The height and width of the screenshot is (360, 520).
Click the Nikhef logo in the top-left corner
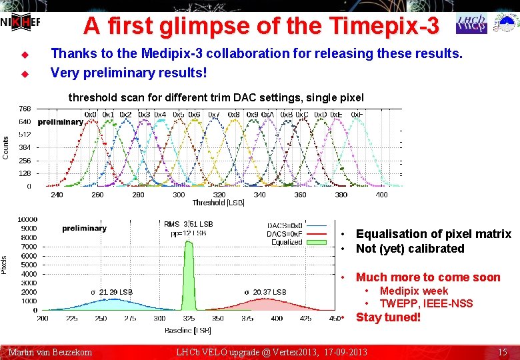tap(20, 21)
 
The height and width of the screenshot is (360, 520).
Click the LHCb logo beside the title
tap(471, 23)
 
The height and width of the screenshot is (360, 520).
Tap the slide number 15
tap(503, 351)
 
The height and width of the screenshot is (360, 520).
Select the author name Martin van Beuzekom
tap(50, 351)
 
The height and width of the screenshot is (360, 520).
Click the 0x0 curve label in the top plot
tap(91, 115)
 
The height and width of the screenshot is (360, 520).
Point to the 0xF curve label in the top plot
tap(357, 115)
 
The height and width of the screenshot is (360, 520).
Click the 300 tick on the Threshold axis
tap(179, 195)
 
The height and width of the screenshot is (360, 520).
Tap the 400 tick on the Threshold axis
tap(381, 195)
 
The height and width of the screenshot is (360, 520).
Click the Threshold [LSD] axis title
tap(219, 203)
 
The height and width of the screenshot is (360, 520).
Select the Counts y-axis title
tap(6, 147)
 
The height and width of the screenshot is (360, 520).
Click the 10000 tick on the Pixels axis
tap(27, 219)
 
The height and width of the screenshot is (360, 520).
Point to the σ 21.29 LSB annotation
tap(112, 292)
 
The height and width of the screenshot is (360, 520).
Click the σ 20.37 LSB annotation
tap(265, 292)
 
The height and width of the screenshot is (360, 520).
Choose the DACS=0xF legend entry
tap(285, 234)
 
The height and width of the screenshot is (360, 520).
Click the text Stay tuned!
tap(388, 317)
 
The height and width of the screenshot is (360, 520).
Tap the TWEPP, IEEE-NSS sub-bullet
tap(426, 303)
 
